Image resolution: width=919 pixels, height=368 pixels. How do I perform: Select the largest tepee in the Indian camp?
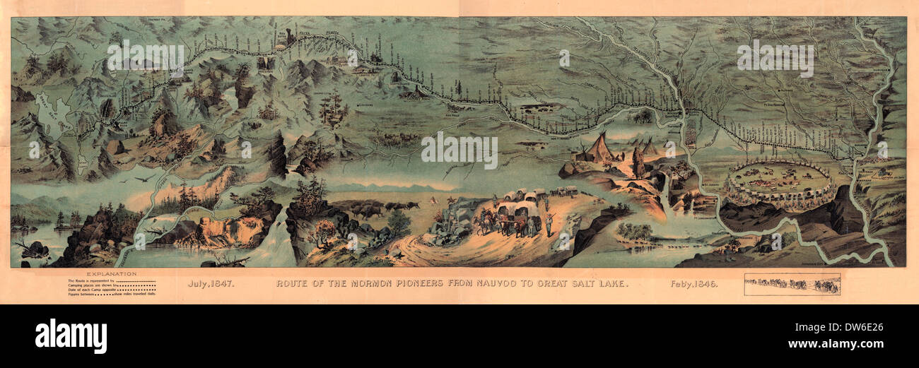click(599, 148)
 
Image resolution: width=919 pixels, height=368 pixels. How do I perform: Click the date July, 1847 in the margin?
click(211, 284)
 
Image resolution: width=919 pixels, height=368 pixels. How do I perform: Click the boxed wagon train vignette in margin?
click(792, 284)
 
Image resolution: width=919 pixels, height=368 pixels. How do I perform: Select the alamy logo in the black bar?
click(71, 336)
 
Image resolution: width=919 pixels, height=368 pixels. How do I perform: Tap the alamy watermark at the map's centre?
click(459, 150)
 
